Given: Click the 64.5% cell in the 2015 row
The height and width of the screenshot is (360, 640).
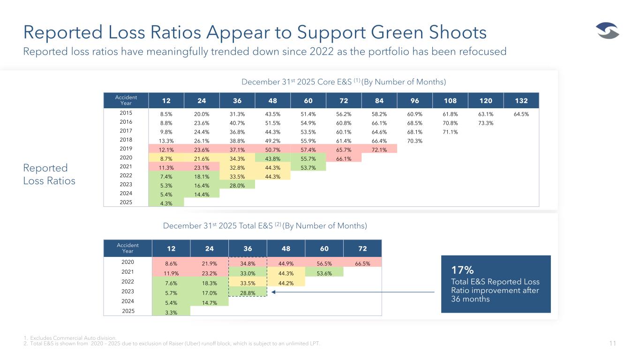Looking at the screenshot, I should pos(520,113).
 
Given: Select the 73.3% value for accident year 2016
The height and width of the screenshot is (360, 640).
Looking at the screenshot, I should pos(485,122).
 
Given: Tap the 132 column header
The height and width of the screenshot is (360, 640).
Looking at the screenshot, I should pos(520,100).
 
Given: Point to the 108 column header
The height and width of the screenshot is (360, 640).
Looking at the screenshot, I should pos(450,100).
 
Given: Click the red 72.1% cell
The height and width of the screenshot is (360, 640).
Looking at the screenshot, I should pos(379,149).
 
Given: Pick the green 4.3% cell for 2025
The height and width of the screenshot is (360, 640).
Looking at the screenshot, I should pos(166,203).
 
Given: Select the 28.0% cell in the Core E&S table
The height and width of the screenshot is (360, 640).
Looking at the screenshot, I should pos(237,185).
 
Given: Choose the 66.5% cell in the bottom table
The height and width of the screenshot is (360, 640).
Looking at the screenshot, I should pos(362,263).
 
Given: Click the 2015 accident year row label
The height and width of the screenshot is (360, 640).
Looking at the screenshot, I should pos(126,113).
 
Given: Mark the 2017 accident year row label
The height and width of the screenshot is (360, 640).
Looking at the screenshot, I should pos(126,131).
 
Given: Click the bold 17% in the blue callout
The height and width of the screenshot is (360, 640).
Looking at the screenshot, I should pos(462,270).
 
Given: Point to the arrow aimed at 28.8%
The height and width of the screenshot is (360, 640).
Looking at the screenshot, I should pos(352,292).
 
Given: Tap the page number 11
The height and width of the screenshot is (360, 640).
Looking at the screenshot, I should pos(612,344).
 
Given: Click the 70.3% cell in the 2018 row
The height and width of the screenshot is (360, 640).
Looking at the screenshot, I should pos(414,140).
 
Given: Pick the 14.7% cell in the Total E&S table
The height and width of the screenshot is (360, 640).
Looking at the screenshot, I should pos(209,302).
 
